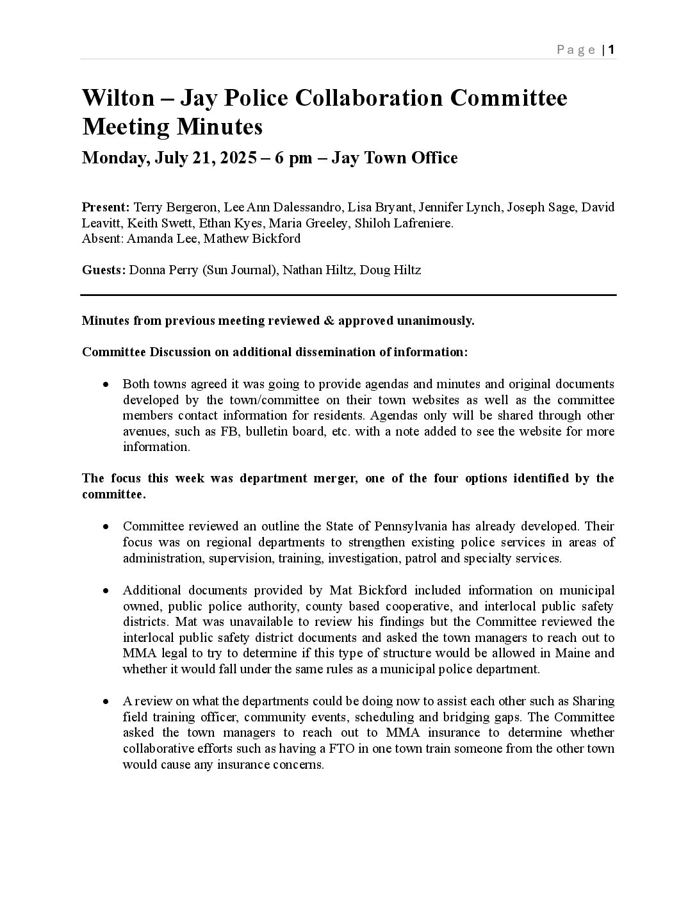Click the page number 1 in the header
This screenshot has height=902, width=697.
tap(612, 50)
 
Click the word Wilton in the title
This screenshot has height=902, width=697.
tap(119, 98)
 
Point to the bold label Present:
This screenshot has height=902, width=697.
tap(106, 207)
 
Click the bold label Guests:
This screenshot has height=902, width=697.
tap(104, 270)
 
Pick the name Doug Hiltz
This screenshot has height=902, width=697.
tap(390, 270)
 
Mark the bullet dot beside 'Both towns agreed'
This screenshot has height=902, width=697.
tap(106, 384)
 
